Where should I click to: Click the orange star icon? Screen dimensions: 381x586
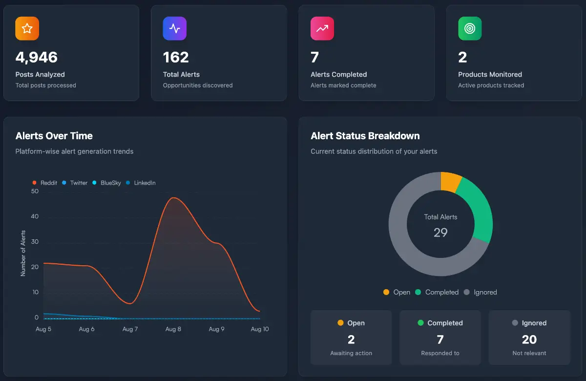tap(27, 28)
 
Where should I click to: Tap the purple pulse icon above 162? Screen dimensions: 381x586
tap(175, 28)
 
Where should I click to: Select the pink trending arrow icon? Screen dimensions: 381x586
tap(322, 28)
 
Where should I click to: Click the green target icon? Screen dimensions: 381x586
tap(470, 28)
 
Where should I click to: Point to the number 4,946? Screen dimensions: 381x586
tap(37, 57)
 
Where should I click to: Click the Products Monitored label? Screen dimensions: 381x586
tap(490, 74)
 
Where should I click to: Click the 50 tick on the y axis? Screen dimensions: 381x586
tap(35, 191)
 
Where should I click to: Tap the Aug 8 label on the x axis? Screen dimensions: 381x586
tap(173, 329)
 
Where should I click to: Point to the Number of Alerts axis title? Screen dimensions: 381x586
tap(23, 253)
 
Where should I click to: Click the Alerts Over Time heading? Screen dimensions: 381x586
tap(54, 136)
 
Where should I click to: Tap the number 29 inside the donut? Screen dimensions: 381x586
tap(440, 233)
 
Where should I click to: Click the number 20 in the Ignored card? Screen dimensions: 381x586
tap(529, 339)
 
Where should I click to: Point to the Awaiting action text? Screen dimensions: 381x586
tap(351, 353)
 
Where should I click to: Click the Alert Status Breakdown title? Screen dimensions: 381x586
tap(365, 136)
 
